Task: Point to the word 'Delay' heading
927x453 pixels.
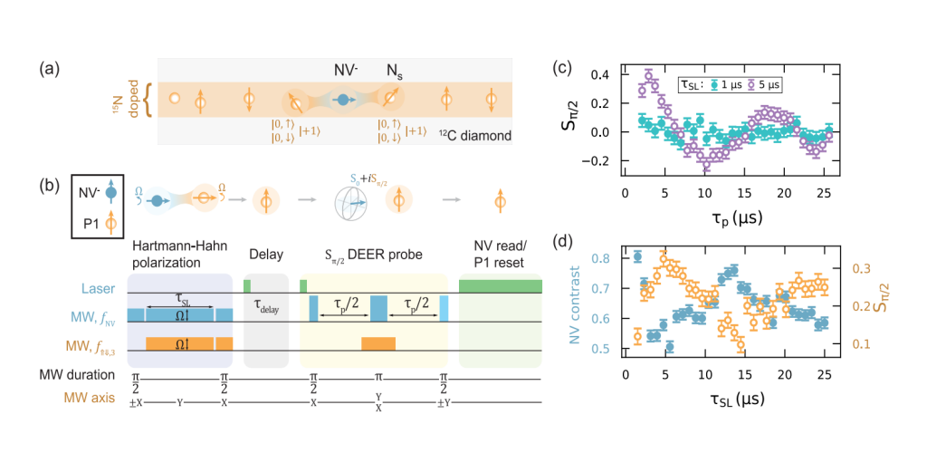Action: pos(264,246)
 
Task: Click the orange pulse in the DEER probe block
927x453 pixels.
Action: pos(377,343)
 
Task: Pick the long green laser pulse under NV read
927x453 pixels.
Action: pos(501,286)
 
